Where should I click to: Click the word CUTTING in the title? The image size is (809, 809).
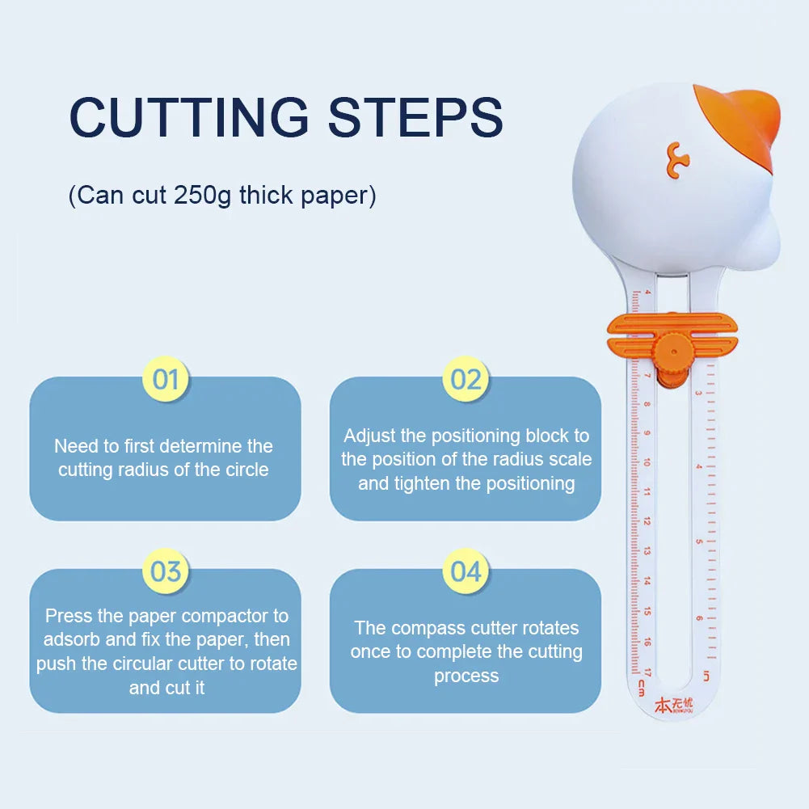click(x=189, y=117)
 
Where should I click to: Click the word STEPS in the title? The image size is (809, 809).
click(x=415, y=117)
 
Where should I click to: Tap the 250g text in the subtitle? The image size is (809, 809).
click(x=202, y=196)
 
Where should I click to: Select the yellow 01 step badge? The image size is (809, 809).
click(x=165, y=379)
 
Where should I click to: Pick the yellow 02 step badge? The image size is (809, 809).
click(x=466, y=379)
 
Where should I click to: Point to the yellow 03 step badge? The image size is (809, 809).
click(x=165, y=571)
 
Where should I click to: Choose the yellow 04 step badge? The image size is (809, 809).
click(x=466, y=571)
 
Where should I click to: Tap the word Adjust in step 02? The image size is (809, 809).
click(x=369, y=436)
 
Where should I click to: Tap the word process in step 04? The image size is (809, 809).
click(x=466, y=676)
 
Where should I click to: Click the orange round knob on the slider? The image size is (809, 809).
click(x=672, y=352)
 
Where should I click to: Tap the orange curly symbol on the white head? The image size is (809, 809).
click(x=677, y=160)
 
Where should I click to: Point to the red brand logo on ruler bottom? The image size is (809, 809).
click(x=673, y=706)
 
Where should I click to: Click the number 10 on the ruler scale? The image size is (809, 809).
click(x=647, y=461)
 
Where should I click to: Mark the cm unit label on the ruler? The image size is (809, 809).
click(x=642, y=688)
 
